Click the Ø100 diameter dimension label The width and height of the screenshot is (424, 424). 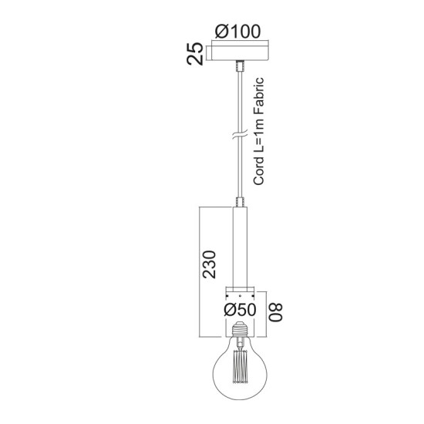tap(238, 32)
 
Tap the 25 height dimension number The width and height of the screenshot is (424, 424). tap(197, 55)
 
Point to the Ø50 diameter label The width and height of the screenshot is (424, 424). tap(239, 309)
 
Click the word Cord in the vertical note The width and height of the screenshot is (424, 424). tap(260, 171)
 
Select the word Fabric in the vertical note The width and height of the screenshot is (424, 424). tap(260, 95)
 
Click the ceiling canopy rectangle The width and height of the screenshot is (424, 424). tap(238, 54)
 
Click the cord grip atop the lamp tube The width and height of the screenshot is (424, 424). tap(238, 202)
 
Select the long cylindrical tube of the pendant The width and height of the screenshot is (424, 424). tap(238, 247)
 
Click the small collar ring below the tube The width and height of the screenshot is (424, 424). tap(238, 294)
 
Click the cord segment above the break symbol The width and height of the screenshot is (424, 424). tap(238, 100)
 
